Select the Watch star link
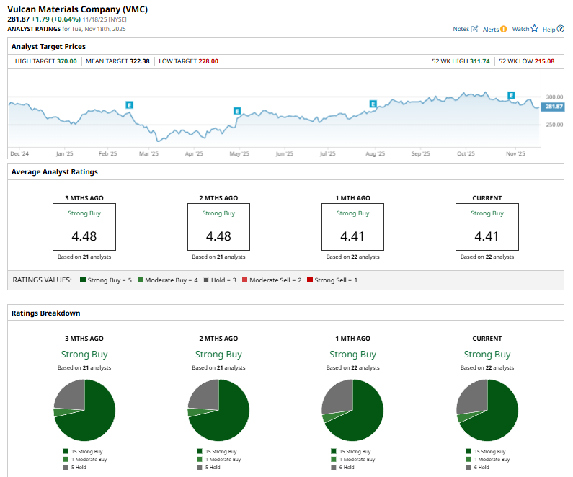coord(525,29)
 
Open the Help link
coord(553,29)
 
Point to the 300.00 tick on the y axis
coord(554,97)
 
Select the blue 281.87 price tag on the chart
coord(553,107)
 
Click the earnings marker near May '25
coord(236,110)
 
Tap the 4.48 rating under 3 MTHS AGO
coord(84,236)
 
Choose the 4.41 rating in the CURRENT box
coord(487,236)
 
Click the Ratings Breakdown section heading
coord(45,313)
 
